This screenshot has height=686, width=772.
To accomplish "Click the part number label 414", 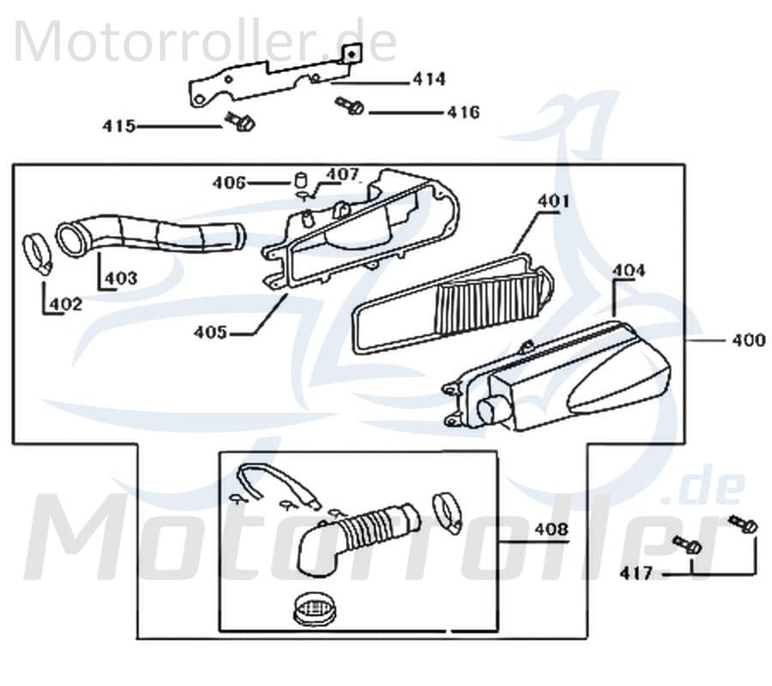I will (x=429, y=80).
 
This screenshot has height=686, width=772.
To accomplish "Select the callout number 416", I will (x=462, y=112).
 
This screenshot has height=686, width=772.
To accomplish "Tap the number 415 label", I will (x=119, y=126).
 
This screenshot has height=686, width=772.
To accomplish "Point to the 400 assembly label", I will (x=747, y=340).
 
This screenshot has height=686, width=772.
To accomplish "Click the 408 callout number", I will (x=550, y=530).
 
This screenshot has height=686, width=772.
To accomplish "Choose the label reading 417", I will (x=636, y=572).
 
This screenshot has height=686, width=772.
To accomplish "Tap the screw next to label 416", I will (x=350, y=106).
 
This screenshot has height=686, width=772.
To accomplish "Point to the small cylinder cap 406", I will (x=300, y=181).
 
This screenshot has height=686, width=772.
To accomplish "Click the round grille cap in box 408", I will (x=313, y=611).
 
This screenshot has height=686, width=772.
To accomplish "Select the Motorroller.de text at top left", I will (x=206, y=40).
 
